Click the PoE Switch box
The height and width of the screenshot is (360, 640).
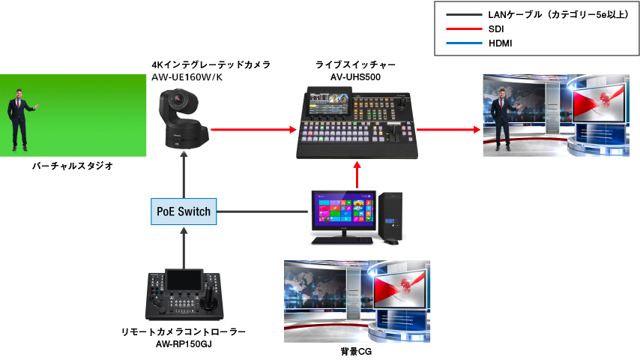[184, 211]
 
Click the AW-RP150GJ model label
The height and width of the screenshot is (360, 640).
[184, 343]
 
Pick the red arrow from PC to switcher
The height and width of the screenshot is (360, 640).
[357, 176]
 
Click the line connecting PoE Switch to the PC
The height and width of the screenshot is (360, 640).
[262, 211]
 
